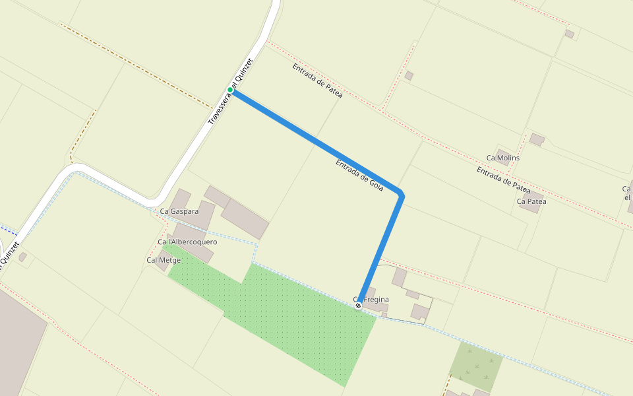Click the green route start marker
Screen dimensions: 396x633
click(x=230, y=90)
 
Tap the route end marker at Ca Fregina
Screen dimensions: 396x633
click(x=358, y=306)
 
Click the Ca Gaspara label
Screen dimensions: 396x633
click(x=179, y=211)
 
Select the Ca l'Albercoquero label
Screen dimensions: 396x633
click(x=187, y=242)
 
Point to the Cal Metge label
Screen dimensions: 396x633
click(x=163, y=260)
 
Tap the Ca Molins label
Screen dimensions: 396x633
click(x=502, y=158)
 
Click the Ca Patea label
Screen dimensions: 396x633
click(x=531, y=201)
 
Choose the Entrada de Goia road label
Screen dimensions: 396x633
click(x=359, y=175)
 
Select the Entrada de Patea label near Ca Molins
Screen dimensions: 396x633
click(x=503, y=180)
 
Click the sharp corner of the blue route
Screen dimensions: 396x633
click(x=400, y=194)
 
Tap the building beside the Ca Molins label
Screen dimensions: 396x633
click(x=537, y=139)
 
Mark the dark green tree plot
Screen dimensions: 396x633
click(x=475, y=366)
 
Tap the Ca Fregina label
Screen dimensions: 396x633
click(x=373, y=300)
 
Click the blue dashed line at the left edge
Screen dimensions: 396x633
click(x=8, y=230)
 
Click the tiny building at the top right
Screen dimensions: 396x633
click(x=569, y=34)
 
